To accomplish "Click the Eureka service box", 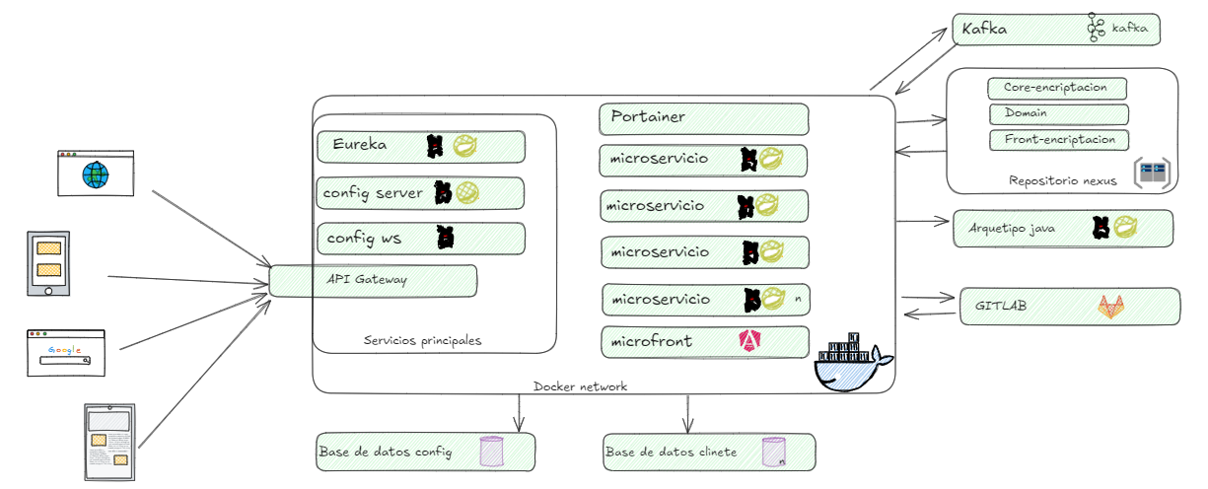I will pyautogui.click(x=421, y=147).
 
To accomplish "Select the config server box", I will pyautogui.click(x=420, y=193).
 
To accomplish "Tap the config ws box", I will pyautogui.click(x=420, y=239).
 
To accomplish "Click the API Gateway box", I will pyautogui.click(x=373, y=280).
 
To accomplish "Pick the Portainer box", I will pyautogui.click(x=703, y=118).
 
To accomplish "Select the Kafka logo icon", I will pyautogui.click(x=1095, y=29).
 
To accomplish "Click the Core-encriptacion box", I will pyautogui.click(x=1056, y=88).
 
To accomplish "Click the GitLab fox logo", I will pyautogui.click(x=1110, y=307).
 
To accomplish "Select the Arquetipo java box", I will pyautogui.click(x=1063, y=228).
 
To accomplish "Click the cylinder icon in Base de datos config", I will pyautogui.click(x=492, y=452).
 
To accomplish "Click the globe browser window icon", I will pyautogui.click(x=95, y=173).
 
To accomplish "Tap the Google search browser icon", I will pyautogui.click(x=65, y=351).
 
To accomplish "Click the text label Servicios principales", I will pyautogui.click(x=422, y=340).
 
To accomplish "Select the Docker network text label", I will pyautogui.click(x=580, y=386).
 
